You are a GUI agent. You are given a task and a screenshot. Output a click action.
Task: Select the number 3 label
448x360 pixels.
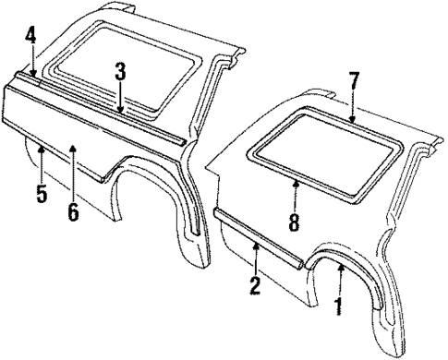tap(120, 70)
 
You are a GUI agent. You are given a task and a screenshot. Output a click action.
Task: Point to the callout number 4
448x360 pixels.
tap(30, 38)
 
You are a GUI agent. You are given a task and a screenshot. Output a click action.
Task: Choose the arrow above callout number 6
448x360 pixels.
tap(73, 155)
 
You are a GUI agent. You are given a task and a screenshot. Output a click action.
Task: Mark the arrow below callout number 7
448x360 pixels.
tap(352, 112)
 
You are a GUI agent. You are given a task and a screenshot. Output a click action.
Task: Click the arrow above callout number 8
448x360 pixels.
tap(295, 189)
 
